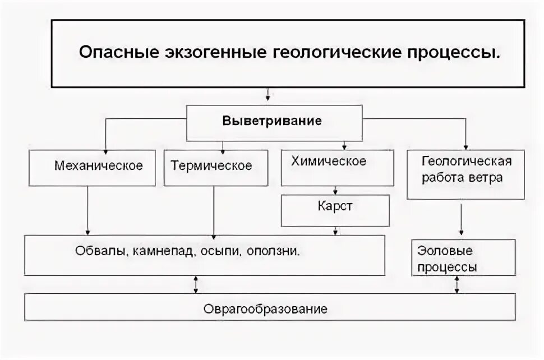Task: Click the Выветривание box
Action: [x=274, y=122]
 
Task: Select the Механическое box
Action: [x=93, y=167]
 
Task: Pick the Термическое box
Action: [x=214, y=167]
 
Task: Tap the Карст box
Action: [x=335, y=210]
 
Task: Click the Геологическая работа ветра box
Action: [x=465, y=174]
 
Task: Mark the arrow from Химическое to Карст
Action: [x=335, y=190]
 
